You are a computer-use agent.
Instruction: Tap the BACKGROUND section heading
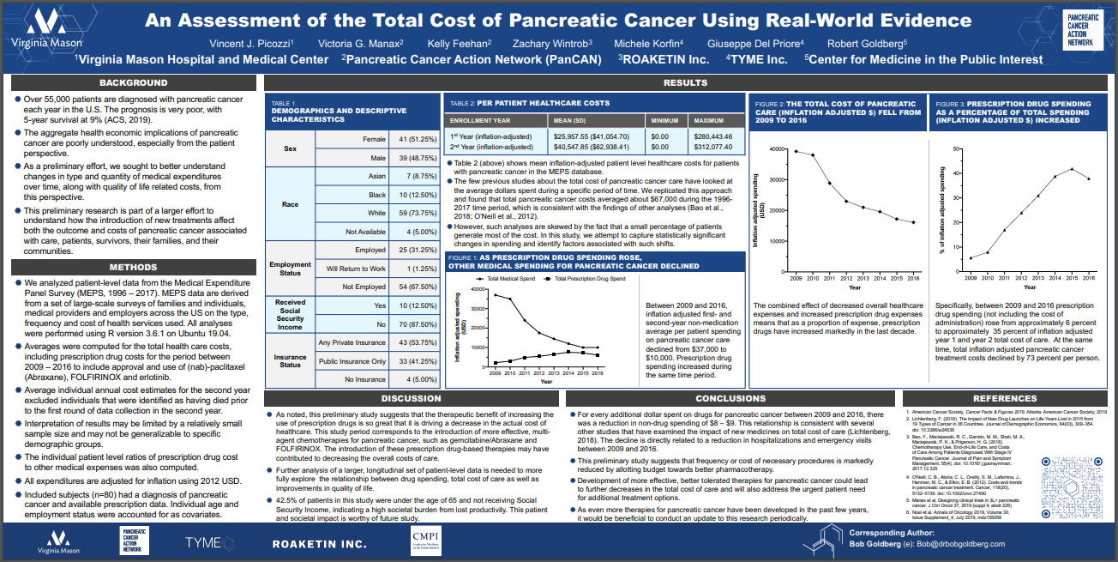pos(133,83)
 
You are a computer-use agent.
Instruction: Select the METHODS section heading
pos(133,267)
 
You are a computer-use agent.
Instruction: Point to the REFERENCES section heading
pos(1005,398)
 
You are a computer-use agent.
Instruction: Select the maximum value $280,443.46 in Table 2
pos(714,136)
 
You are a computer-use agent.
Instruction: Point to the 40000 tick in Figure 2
pos(777,149)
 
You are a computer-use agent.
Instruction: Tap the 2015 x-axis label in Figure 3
pos(1072,278)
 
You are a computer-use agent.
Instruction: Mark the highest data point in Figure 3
pos(1072,168)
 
